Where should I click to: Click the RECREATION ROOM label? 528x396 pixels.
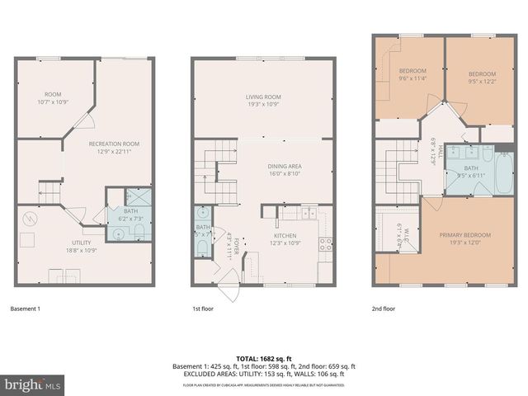point(114,144)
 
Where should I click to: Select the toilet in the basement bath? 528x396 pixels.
point(118,234)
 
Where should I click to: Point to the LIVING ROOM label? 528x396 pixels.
point(263,97)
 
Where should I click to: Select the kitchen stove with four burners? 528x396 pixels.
point(327,244)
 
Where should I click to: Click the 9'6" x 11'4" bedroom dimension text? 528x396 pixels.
point(412,78)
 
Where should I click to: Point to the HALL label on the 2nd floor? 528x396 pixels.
point(441,152)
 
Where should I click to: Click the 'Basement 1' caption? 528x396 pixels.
point(25,309)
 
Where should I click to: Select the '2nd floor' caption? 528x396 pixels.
point(383,309)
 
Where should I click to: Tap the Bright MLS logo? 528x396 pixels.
point(33,384)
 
